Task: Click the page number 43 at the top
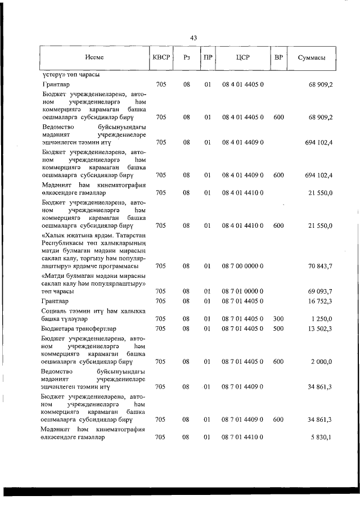(193, 38)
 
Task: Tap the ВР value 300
(278, 319)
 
